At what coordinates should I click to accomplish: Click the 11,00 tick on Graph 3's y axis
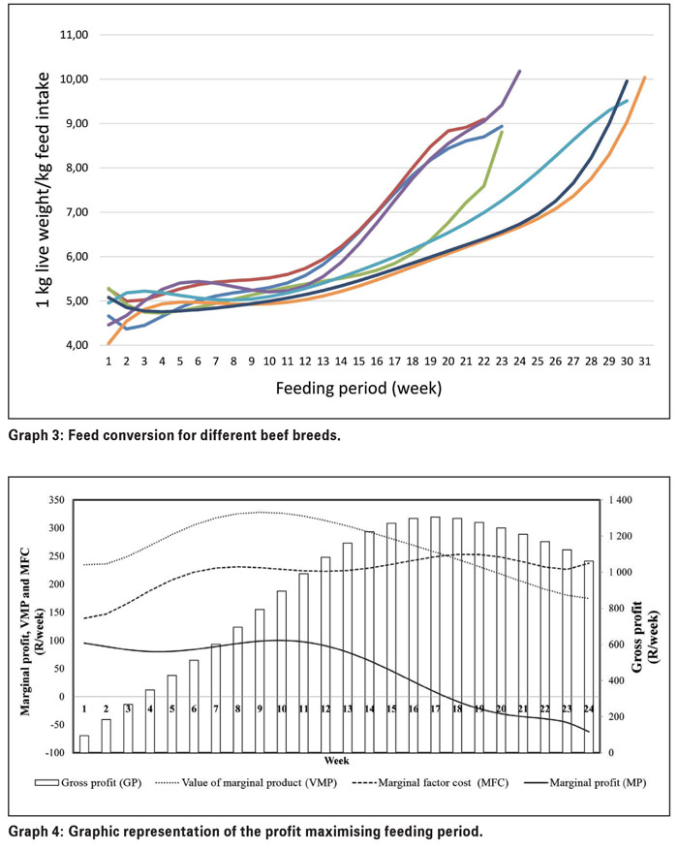click(75, 35)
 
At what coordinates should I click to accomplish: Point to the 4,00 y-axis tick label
click(75, 345)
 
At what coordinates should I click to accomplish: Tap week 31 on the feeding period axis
click(644, 362)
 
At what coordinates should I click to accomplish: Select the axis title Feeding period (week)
click(358, 389)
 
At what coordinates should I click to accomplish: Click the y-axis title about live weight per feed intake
click(44, 190)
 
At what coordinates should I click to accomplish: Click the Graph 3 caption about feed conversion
click(174, 435)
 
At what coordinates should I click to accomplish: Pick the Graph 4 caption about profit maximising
click(245, 831)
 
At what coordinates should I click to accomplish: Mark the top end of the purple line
click(519, 71)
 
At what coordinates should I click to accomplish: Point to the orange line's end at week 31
click(644, 78)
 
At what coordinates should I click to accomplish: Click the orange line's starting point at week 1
click(108, 343)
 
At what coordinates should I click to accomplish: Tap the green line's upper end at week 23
click(502, 131)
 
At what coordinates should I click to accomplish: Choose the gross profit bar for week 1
click(84, 744)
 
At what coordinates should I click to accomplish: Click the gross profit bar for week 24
click(589, 657)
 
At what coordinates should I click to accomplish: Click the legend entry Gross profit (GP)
click(88, 783)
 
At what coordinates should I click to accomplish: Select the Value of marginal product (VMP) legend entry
click(246, 783)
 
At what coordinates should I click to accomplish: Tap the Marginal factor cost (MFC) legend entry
click(430, 783)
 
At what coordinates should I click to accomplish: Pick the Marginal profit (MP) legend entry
click(585, 783)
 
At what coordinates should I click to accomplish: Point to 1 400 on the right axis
click(620, 500)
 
